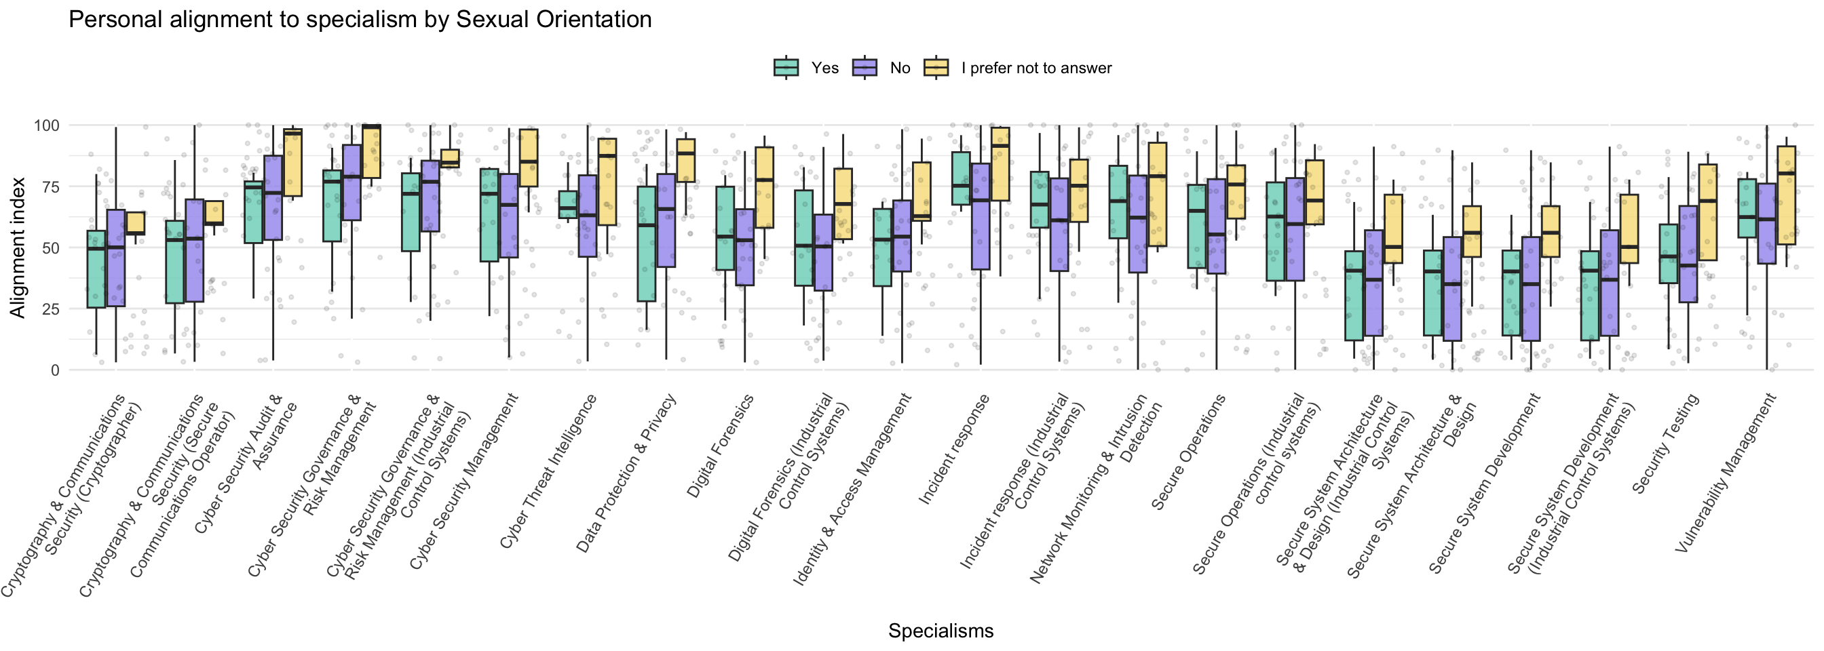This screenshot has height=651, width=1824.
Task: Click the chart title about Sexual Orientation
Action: coord(360,20)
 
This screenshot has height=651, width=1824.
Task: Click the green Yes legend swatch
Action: coord(786,68)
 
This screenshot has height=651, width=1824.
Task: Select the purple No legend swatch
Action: coord(865,68)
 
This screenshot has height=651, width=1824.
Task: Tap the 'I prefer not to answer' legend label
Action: coord(1036,68)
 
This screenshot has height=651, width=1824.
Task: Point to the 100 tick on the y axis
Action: coord(47,125)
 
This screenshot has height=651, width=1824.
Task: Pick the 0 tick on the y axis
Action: coord(54,370)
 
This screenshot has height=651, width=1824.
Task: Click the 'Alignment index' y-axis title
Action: coord(17,248)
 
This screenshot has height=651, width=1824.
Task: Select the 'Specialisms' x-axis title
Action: coord(940,631)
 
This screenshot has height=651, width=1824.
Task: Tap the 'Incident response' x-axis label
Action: coord(954,450)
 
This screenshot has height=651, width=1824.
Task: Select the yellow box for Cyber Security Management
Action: coord(528,158)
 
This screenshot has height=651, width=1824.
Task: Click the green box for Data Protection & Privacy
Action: coord(646,244)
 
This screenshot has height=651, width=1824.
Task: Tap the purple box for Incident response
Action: coord(981,216)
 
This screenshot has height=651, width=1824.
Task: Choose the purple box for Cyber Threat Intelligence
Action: coord(587,216)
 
